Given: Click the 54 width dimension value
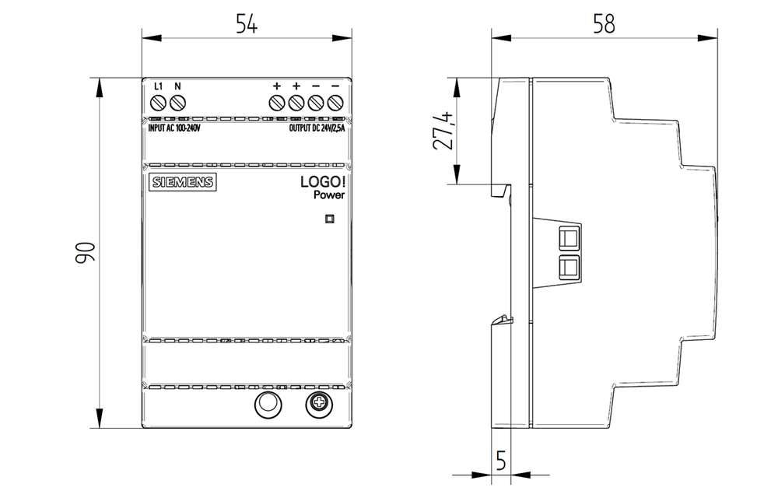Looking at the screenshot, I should pos(247,24).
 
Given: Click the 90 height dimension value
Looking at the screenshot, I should pos(86,252).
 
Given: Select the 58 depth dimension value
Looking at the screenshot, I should pos(604,24).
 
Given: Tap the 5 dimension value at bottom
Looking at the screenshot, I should pos(500,461).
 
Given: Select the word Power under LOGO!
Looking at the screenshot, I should pos(329,196).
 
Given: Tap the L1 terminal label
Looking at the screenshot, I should pos(158,86).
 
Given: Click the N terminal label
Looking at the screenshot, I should pos(177,86).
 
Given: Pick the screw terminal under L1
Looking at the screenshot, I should pos(158,103).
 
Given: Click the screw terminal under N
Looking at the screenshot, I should pos(177,103).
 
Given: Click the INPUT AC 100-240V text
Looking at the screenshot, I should pos(174,128).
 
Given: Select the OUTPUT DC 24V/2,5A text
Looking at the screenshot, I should pos(317,128).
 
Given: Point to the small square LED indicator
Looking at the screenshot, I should pos(329,219).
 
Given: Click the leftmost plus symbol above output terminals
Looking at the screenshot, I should pos(276,86).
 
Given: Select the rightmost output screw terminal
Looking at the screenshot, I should pos(336,103).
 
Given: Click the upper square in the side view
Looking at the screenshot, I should pos(569,237).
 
